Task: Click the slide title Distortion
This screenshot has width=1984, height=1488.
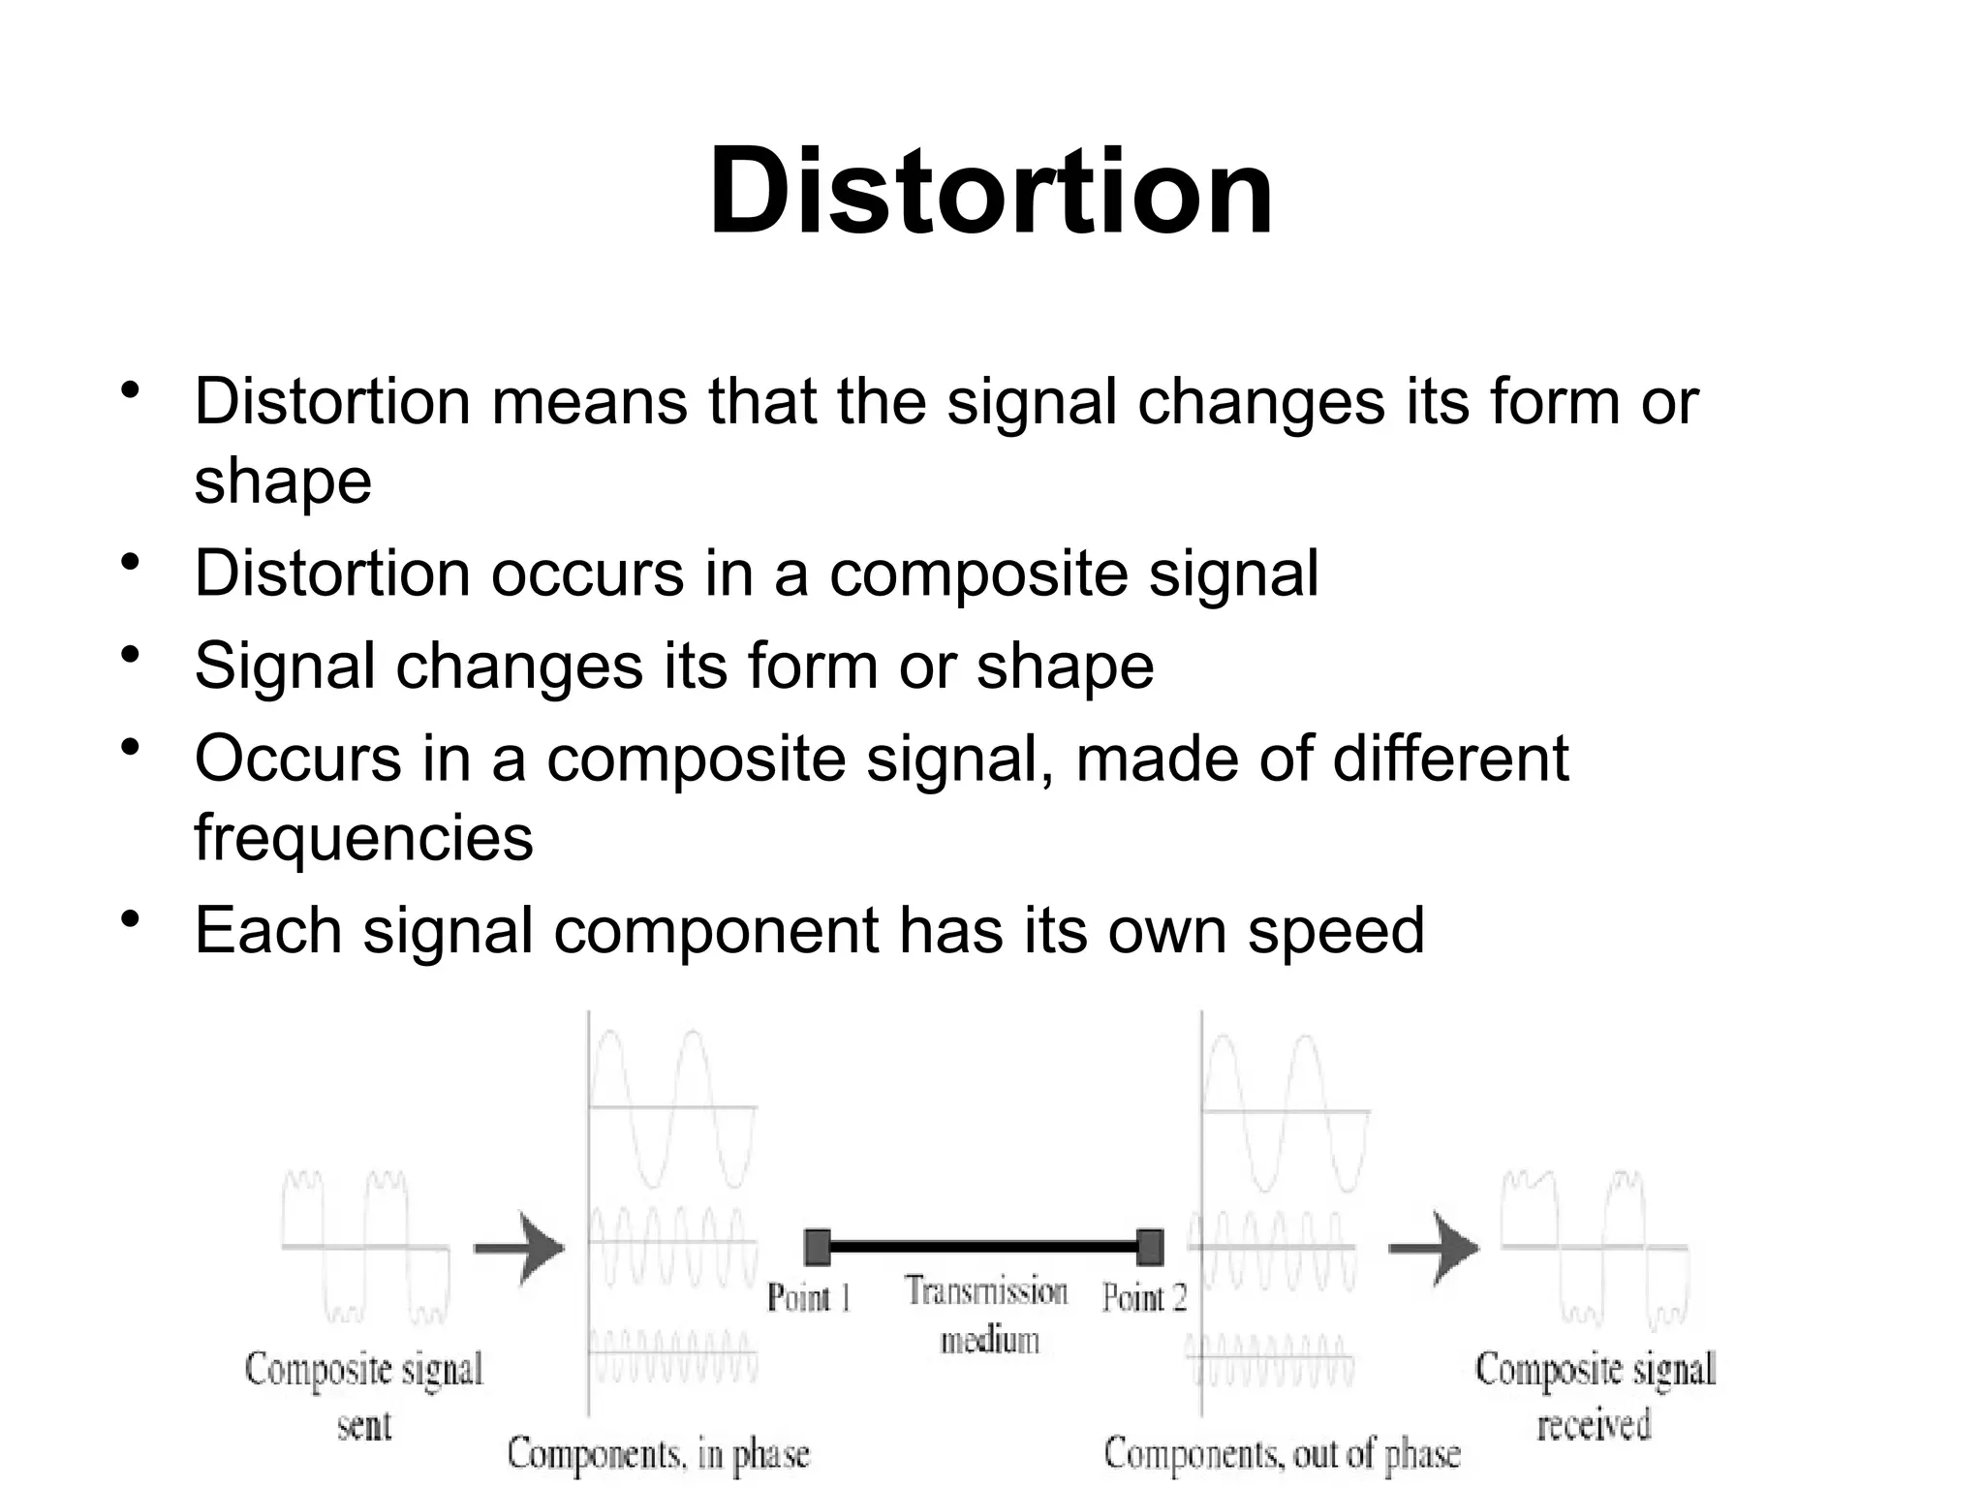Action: click(990, 191)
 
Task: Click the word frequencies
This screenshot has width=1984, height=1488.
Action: click(363, 838)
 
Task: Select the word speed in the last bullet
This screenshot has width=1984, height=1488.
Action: click(1335, 931)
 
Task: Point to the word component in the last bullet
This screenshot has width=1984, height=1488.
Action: click(716, 931)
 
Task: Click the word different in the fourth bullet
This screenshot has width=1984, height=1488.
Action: click(1450, 759)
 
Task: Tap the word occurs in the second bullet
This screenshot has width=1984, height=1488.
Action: click(587, 573)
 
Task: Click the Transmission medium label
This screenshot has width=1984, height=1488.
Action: click(988, 1315)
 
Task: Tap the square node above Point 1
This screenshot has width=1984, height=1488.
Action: click(818, 1247)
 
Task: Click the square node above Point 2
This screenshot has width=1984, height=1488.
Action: click(1150, 1247)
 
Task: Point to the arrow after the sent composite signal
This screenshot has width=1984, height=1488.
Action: click(519, 1248)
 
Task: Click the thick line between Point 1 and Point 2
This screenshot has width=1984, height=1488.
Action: click(983, 1247)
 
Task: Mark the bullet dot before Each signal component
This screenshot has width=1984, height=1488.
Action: click(130, 918)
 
